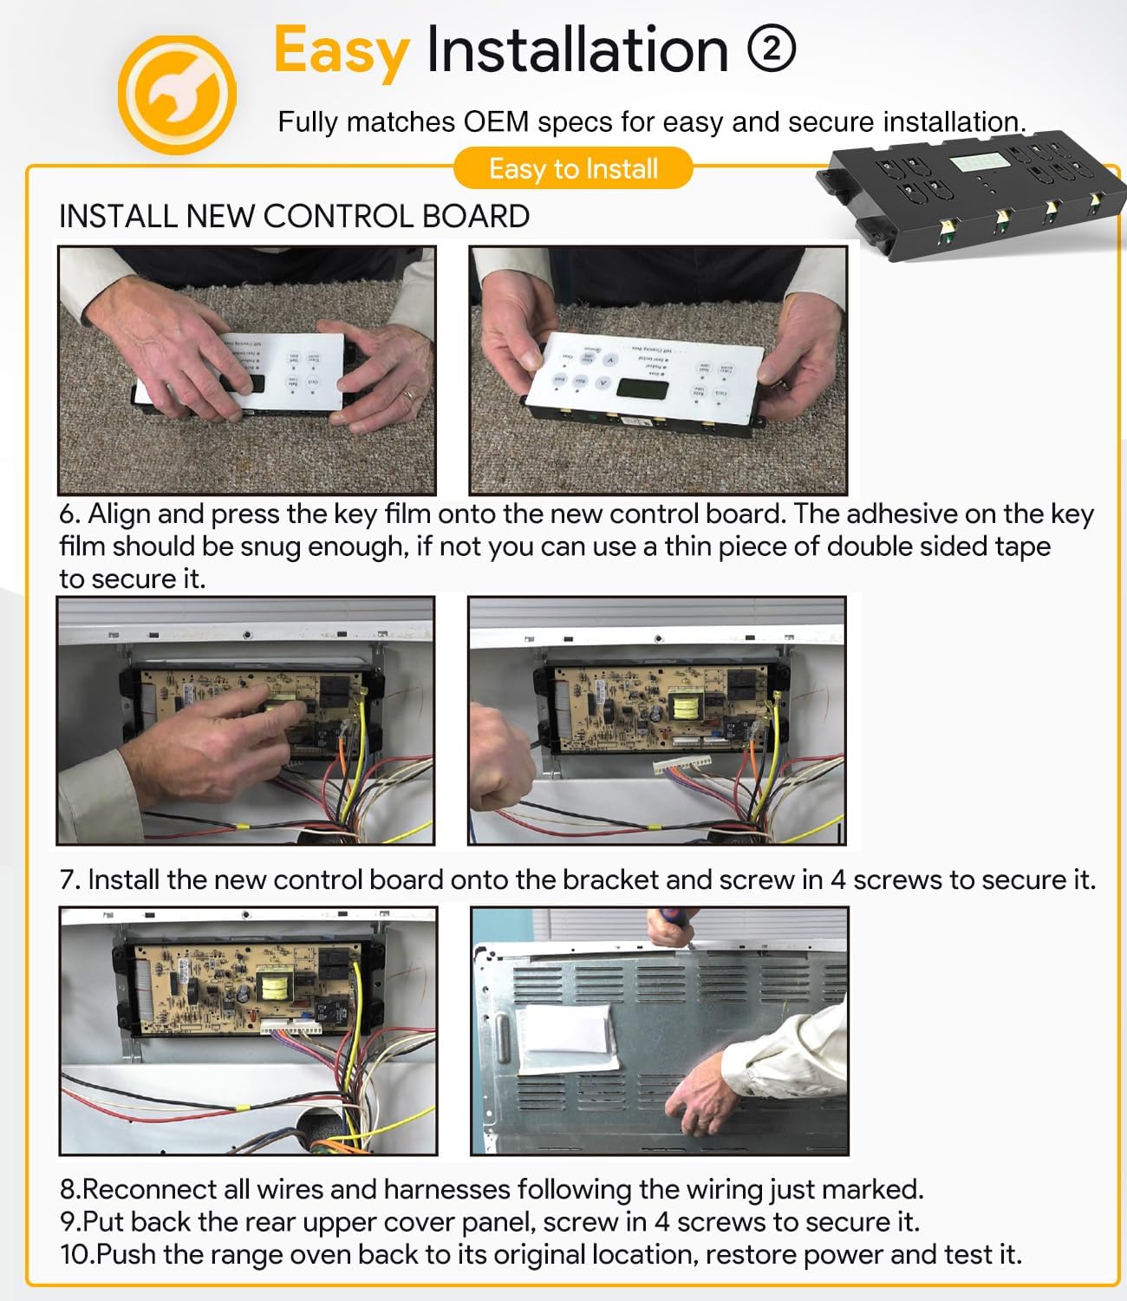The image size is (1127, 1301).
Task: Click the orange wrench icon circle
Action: (x=177, y=94)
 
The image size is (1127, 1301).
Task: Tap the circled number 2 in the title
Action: (x=771, y=50)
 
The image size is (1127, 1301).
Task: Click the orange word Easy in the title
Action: (x=341, y=50)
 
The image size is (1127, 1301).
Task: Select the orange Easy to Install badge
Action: (x=573, y=168)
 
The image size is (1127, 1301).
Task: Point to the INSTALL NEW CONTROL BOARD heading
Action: (x=294, y=216)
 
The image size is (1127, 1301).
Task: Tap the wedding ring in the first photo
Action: (x=408, y=395)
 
